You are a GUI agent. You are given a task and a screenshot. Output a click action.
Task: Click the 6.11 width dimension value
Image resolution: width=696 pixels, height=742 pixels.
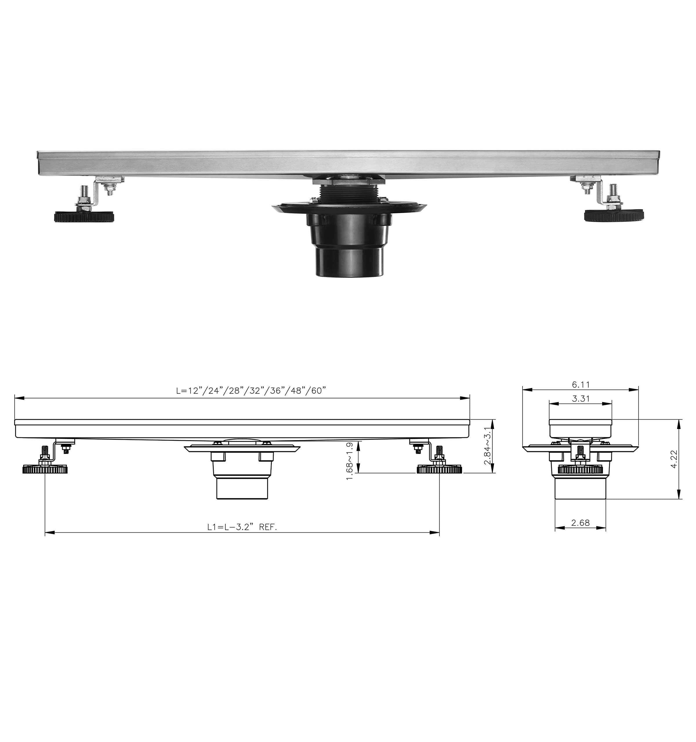580,384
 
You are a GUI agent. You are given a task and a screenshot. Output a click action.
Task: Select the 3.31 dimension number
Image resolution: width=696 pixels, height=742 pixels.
581,399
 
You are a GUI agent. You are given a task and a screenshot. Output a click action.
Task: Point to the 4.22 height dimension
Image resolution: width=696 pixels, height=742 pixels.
674,459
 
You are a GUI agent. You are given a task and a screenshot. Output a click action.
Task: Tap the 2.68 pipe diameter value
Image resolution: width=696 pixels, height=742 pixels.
580,523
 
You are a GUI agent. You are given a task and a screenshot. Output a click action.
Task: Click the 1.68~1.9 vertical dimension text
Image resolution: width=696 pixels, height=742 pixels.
349,461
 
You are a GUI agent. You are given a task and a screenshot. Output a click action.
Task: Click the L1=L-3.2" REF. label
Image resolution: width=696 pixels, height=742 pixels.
242,527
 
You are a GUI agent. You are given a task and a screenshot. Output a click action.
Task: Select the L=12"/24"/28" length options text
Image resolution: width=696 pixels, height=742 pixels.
251,390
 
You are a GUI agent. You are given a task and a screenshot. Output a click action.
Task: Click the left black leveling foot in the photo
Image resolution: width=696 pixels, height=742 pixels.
84,217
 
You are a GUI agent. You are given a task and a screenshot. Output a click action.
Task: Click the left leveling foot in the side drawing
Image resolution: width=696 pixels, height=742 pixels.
45,469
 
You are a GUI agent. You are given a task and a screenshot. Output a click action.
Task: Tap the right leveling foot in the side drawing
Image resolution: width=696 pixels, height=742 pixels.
439,469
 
